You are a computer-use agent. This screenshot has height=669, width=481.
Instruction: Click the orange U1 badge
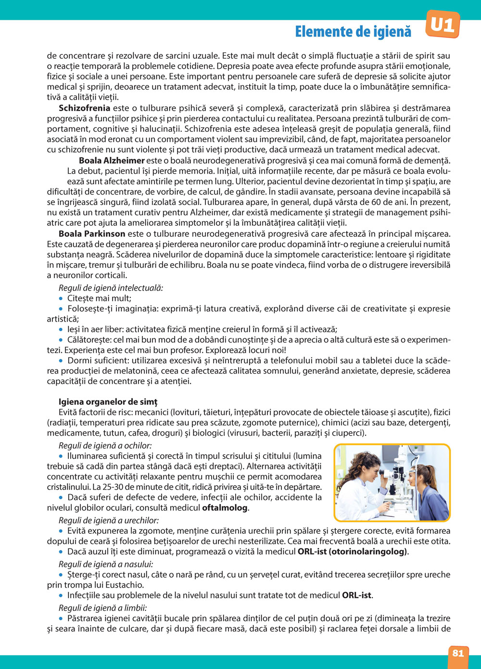[x=442, y=24]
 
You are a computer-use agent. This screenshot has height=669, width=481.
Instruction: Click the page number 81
[x=458, y=653]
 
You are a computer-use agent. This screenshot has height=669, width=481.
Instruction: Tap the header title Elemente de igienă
[x=353, y=32]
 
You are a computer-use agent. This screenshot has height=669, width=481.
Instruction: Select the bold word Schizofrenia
[x=84, y=108]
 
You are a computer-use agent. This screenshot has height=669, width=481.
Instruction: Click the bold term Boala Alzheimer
[x=112, y=160]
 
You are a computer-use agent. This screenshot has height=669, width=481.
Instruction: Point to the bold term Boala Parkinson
[x=92, y=234]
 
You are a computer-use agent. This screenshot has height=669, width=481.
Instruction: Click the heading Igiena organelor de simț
[x=108, y=401]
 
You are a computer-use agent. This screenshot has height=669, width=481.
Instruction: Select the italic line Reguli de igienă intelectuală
[x=111, y=288]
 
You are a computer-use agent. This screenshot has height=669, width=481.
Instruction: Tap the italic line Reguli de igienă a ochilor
[x=105, y=445]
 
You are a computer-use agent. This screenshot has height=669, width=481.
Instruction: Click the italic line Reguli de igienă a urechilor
[x=108, y=520]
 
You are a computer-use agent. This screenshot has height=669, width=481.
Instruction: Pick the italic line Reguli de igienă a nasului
[x=106, y=564]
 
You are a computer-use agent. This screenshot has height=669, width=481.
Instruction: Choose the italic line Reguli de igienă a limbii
[x=102, y=607]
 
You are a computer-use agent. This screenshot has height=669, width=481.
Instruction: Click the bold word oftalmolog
[x=225, y=508]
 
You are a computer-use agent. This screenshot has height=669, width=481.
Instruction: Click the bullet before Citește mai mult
[x=61, y=298]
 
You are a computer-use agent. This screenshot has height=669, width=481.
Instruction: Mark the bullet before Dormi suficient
[x=61, y=360]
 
